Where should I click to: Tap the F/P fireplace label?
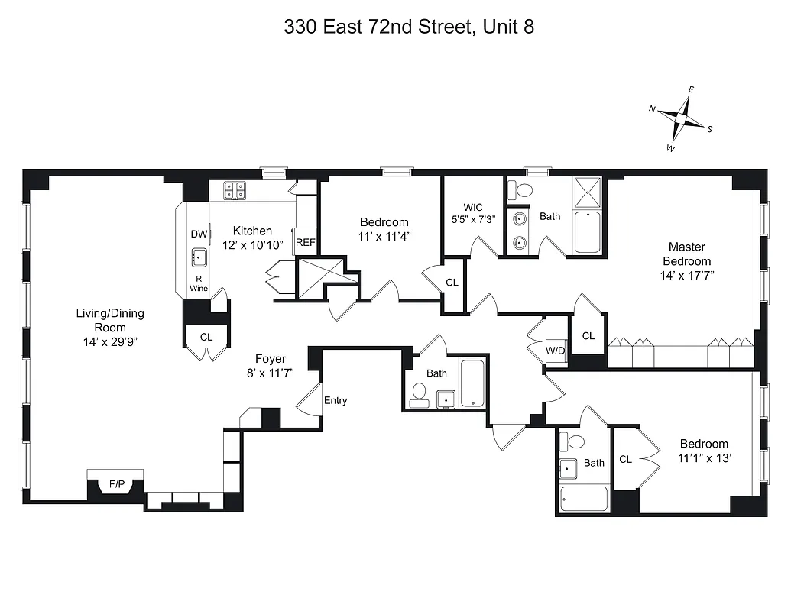coord(116,483)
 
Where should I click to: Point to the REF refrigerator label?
coord(306,242)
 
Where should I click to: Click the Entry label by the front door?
coord(336,400)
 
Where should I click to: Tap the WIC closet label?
coord(474,207)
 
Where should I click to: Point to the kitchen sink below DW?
coord(199,257)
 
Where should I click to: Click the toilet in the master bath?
coord(522,190)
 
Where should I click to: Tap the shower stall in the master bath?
coord(588,192)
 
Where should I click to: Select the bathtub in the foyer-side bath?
coord(473,383)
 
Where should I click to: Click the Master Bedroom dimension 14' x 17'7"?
coord(687,274)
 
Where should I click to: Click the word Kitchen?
coord(252,231)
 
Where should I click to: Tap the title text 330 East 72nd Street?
coord(408,27)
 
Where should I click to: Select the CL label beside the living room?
coord(206,337)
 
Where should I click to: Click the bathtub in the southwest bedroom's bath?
coord(585,499)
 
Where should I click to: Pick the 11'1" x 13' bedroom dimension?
coord(704,458)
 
